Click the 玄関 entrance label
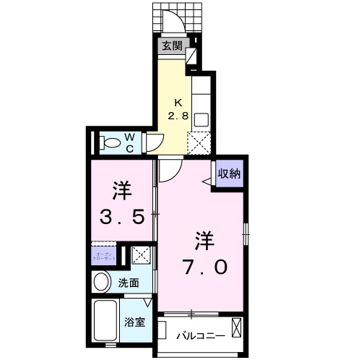tap(171, 46)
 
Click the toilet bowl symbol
tap(110, 142)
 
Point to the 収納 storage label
tap(230, 173)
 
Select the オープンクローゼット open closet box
tap(103, 256)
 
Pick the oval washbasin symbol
tap(103, 282)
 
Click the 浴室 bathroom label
tap(135, 322)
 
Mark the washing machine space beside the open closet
tap(141, 255)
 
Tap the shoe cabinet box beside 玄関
tap(192, 55)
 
